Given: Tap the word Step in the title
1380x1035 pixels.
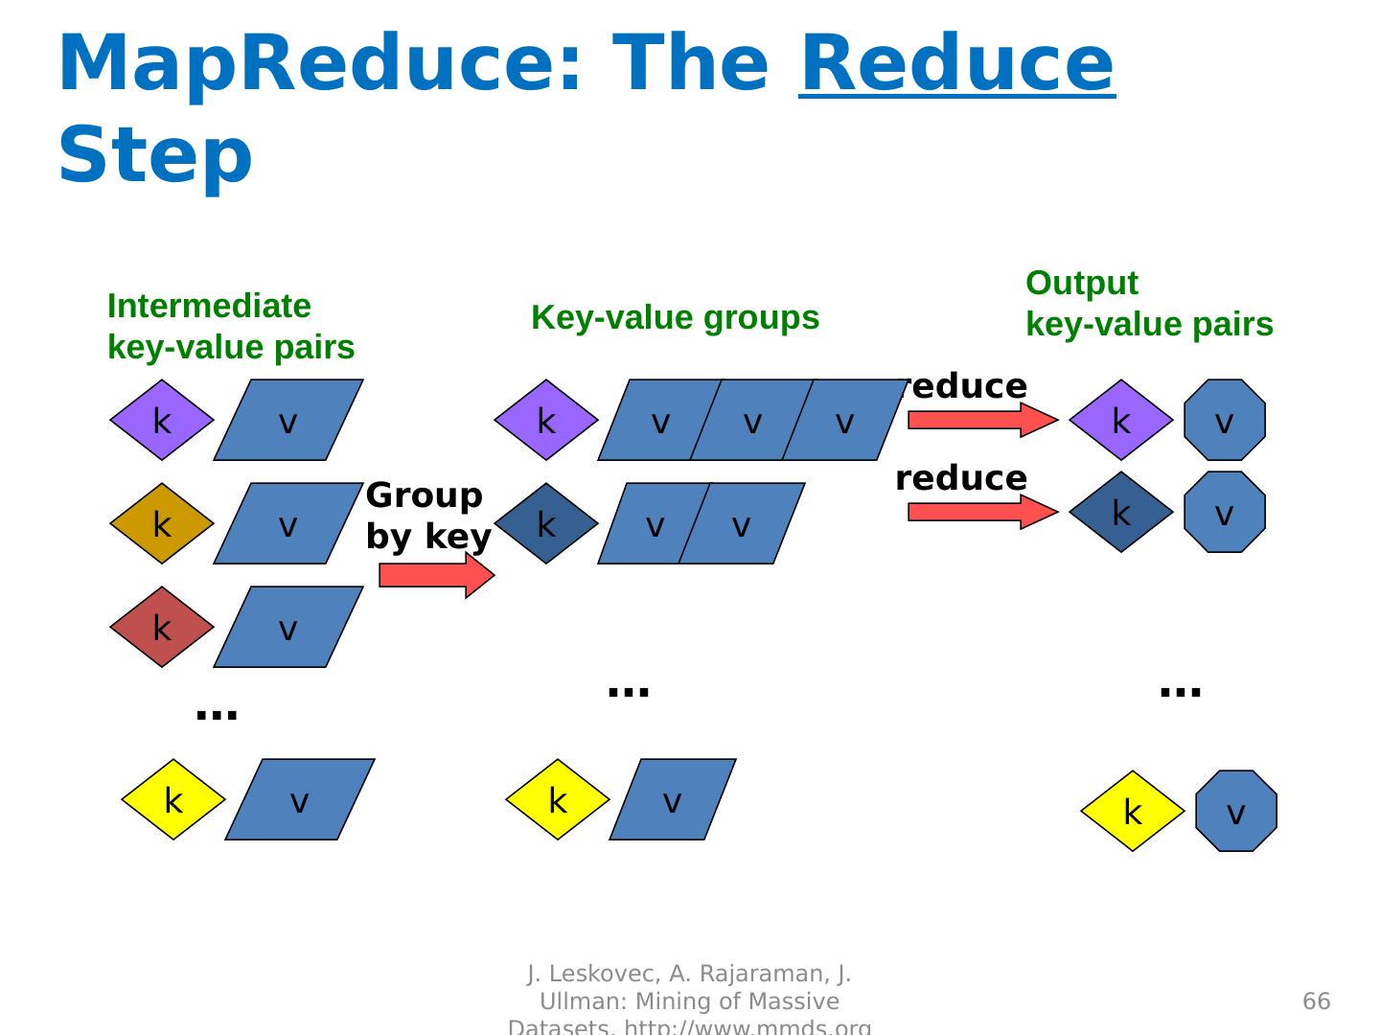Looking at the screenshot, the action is tap(155, 155).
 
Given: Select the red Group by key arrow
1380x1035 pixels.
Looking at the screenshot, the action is tap(436, 575).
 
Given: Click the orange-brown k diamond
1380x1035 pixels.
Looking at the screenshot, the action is tap(161, 524).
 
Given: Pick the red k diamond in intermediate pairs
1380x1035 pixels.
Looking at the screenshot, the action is tap(161, 628).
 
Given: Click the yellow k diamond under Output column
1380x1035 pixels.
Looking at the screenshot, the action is tap(1132, 812).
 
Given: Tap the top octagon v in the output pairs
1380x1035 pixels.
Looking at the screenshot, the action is tap(1225, 421).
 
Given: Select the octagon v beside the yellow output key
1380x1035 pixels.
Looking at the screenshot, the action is tap(1236, 812).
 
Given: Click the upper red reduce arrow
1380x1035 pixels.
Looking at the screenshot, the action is tap(981, 420).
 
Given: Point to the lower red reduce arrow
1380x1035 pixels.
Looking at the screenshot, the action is tap(981, 512).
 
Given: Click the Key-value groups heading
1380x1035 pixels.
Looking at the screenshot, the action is tap(675, 318).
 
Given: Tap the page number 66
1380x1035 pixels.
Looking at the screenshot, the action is tap(1317, 1001).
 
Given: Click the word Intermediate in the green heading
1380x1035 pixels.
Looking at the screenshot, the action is tap(209, 307).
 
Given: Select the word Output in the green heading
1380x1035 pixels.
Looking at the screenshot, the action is tap(1082, 284).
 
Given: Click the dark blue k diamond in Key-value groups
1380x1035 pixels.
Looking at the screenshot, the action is tap(546, 524).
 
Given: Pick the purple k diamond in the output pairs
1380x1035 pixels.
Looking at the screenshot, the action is tap(1120, 421).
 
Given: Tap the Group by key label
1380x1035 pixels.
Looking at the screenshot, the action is tap(427, 517).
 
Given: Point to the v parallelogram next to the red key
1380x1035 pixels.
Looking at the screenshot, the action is tap(287, 628).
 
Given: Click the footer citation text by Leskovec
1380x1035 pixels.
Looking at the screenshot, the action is tap(689, 1001).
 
